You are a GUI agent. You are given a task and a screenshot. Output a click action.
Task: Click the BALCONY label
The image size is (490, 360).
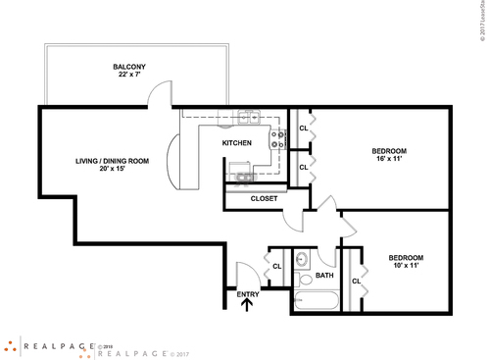point(128,67)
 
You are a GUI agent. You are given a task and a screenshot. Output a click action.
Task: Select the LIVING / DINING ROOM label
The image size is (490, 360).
point(113,160)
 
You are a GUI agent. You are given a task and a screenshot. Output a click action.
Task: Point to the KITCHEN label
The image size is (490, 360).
point(237,143)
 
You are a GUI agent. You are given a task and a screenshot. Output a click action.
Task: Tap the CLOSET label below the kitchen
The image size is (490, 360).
point(265,198)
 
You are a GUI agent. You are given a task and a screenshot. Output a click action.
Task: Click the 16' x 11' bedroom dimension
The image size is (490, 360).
point(389,160)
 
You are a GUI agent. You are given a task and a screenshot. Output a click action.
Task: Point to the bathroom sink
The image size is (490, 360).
point(303,261)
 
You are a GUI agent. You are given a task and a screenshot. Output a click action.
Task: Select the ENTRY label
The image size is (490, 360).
point(248,293)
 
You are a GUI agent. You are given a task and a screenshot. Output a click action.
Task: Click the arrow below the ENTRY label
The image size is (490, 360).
point(248,304)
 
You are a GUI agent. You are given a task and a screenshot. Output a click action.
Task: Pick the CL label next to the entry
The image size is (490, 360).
point(277,266)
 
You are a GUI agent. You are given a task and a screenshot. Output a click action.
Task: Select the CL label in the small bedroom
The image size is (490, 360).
point(356,281)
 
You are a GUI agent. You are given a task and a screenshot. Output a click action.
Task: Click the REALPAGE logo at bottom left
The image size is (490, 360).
point(44,345)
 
